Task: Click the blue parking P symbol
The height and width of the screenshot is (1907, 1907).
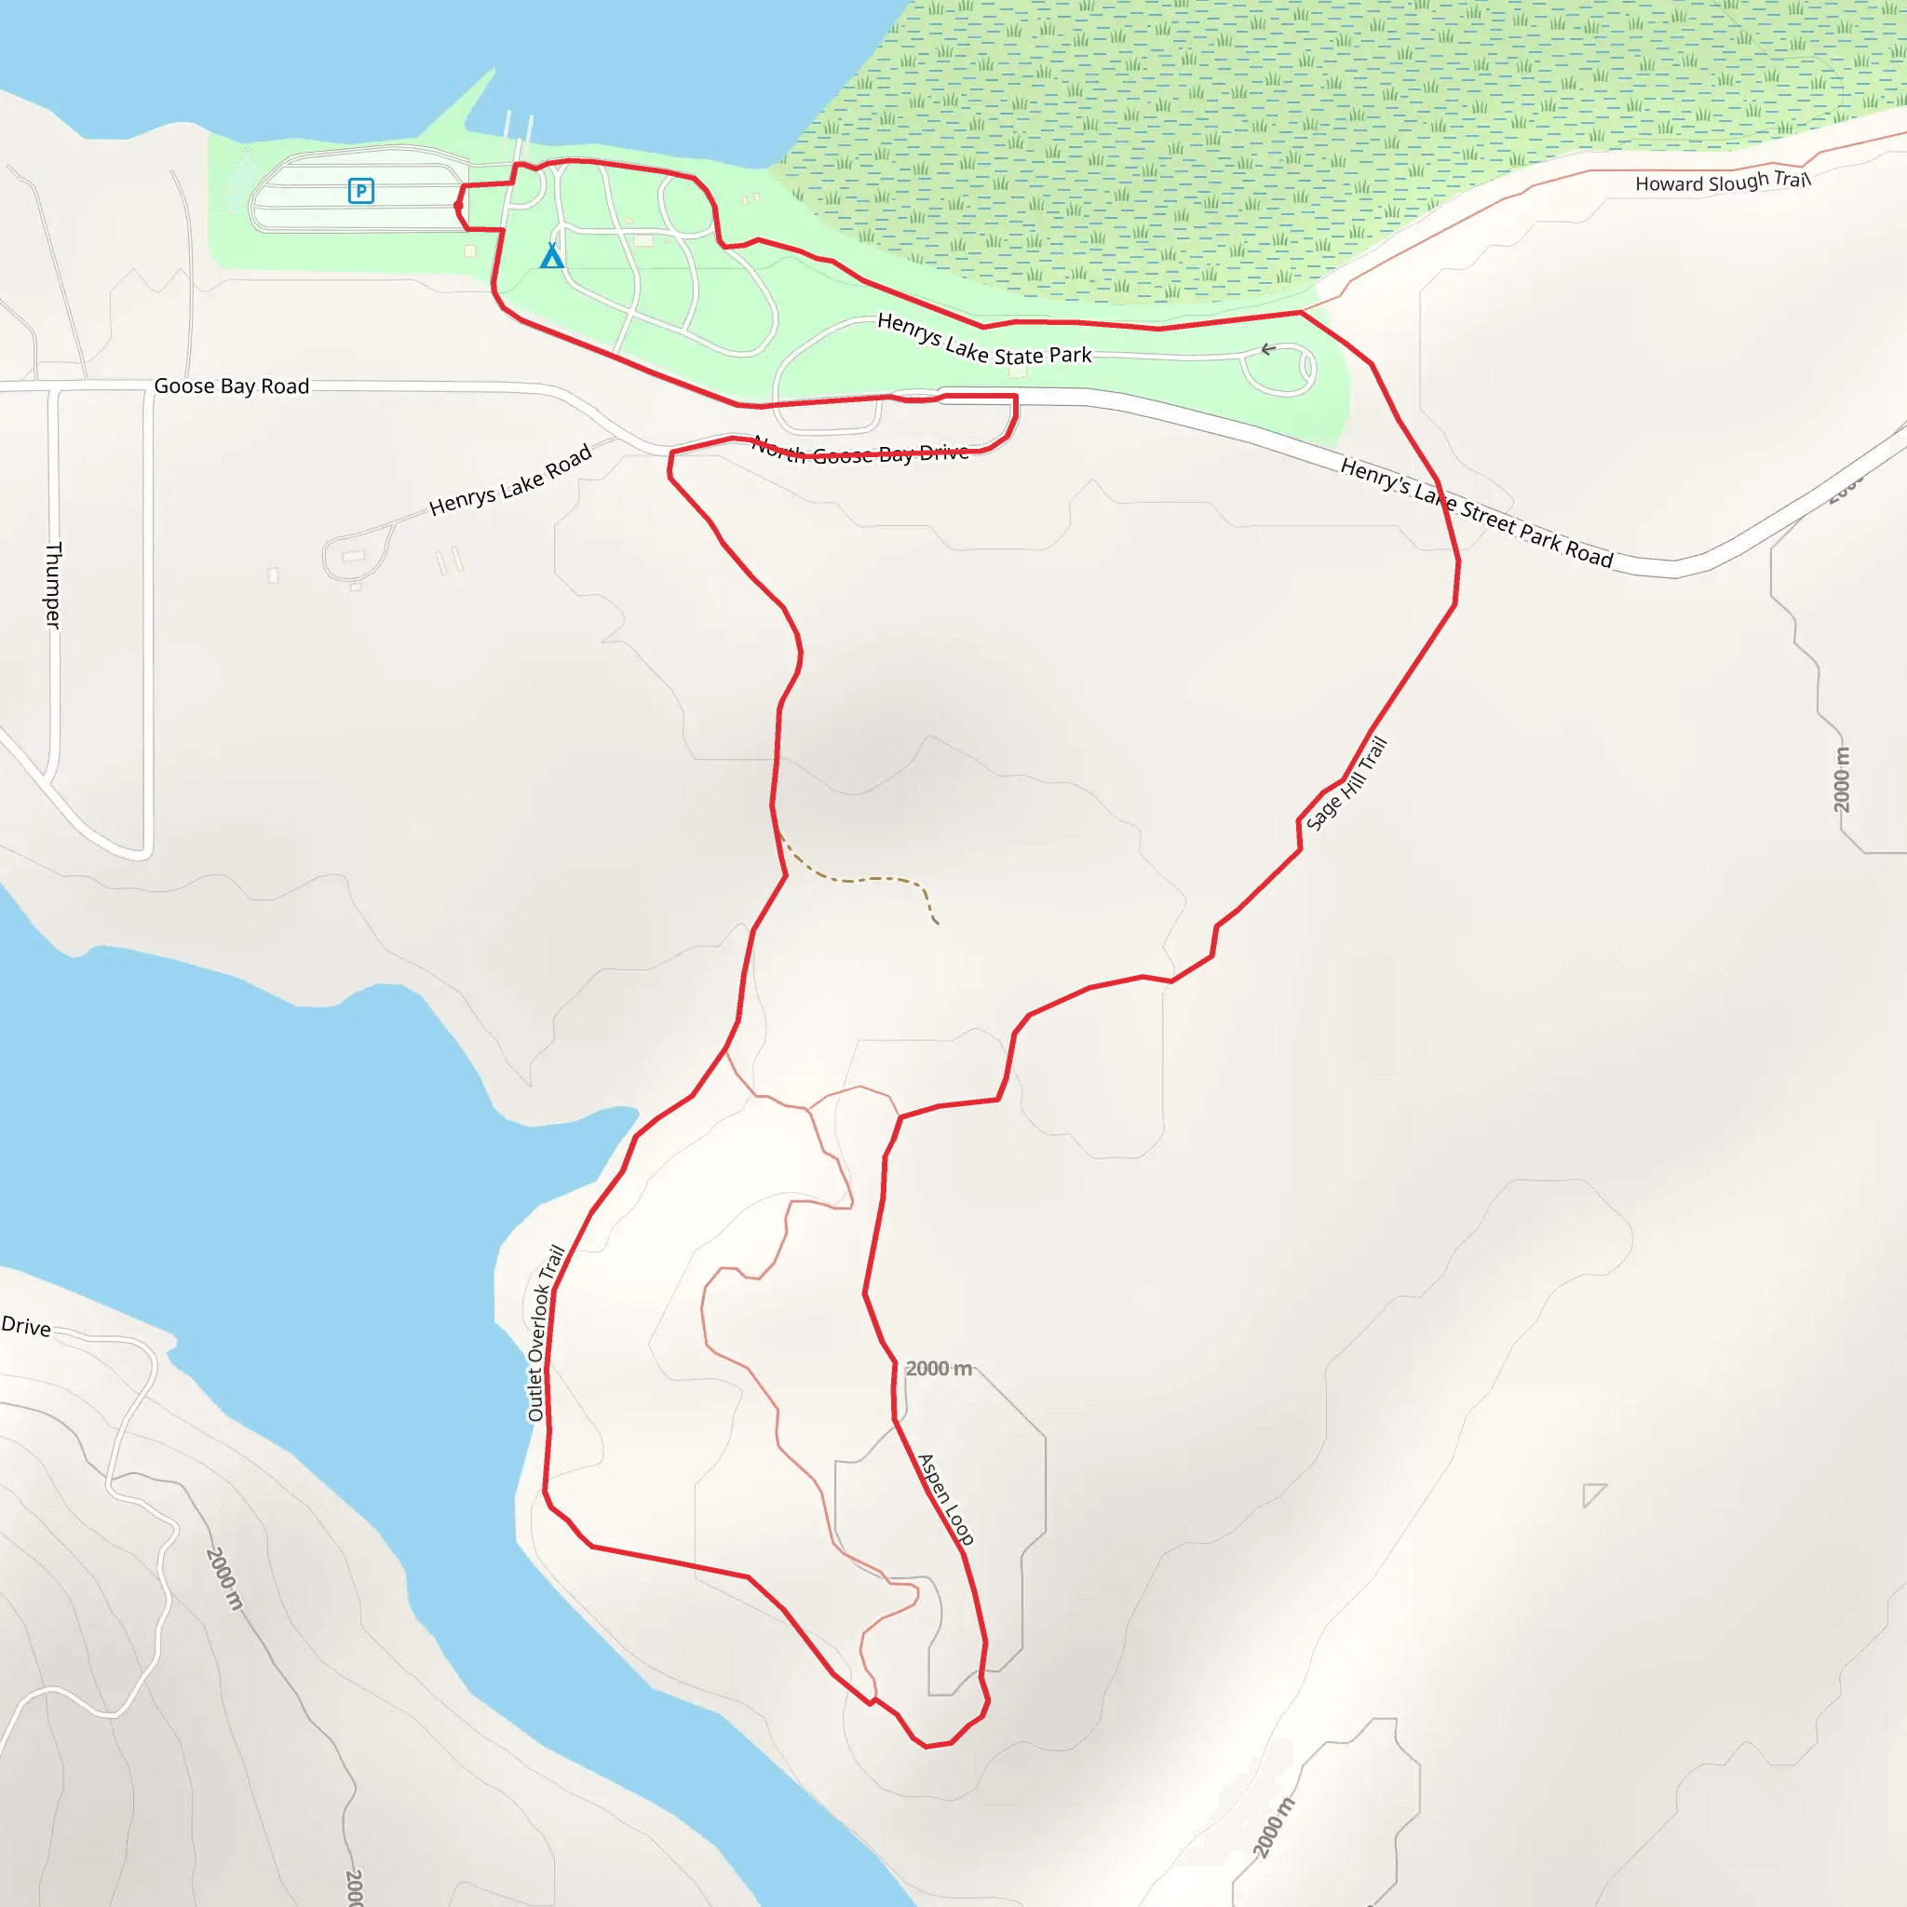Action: pos(361,191)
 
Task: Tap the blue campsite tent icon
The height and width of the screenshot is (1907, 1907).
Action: pos(552,257)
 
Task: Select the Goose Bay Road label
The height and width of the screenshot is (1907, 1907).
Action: pos(231,385)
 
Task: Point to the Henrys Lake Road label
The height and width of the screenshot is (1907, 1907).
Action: pos(510,480)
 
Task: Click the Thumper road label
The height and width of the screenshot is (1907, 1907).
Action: pos(53,585)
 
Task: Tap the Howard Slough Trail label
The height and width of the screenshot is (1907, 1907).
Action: pos(1723,182)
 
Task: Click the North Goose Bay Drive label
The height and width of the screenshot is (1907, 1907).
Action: pos(860,450)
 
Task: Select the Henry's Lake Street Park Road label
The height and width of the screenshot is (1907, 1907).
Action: pos(1477,512)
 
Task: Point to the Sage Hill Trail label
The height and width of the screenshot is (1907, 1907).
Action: pos(1346,784)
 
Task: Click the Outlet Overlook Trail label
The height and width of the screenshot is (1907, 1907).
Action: pos(545,1332)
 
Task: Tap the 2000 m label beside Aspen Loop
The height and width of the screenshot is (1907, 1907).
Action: pos(939,1368)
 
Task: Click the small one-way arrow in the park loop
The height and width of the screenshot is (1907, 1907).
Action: pos(1268,349)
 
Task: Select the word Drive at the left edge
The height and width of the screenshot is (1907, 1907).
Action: pos(26,1326)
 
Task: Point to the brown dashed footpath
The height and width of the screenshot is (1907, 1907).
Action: pos(859,877)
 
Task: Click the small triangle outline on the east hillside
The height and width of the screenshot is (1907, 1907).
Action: pos(1592,1494)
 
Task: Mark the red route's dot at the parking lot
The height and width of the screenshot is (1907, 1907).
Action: pos(459,205)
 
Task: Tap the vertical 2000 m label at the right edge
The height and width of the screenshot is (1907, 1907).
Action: pos(1842,779)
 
